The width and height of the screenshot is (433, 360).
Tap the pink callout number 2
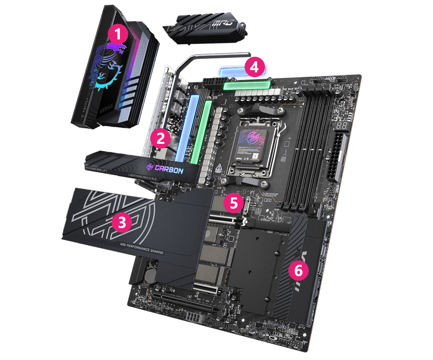(160, 139)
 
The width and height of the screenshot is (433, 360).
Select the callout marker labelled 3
(122, 223)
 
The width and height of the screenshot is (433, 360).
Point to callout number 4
(254, 67)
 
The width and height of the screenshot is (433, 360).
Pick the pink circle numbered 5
(234, 202)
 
